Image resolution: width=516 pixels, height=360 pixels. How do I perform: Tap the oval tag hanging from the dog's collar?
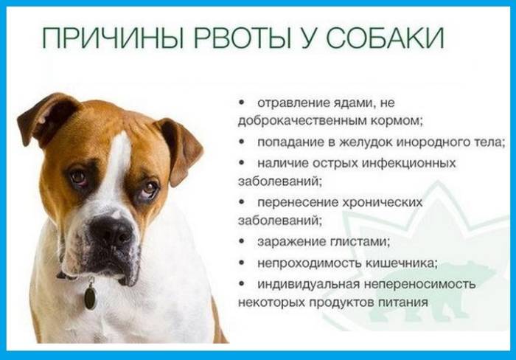pyautogui.click(x=90, y=297)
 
